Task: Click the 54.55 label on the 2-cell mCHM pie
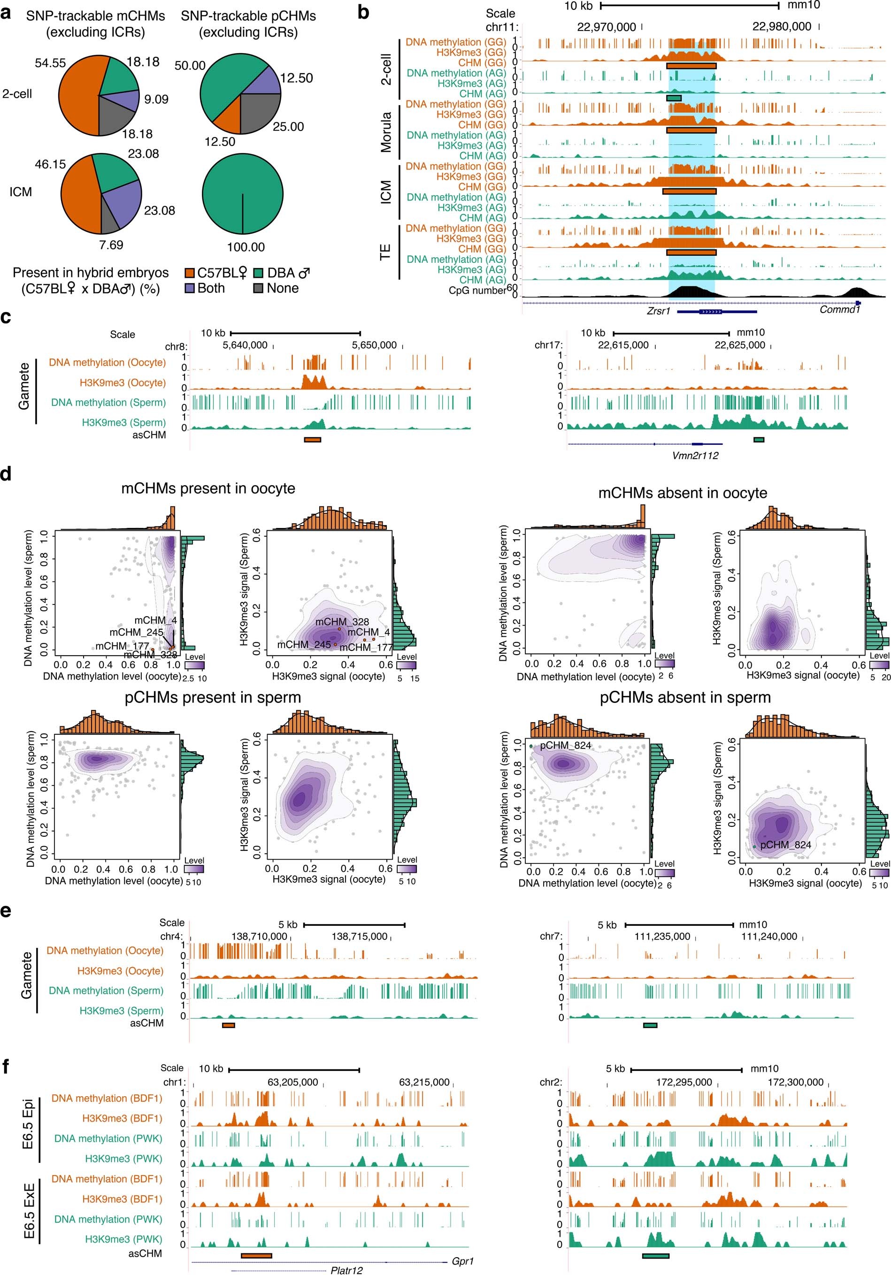click(x=50, y=63)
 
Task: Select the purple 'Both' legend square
click(x=190, y=289)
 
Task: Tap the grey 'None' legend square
click(x=258, y=289)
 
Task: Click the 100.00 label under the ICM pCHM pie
click(x=246, y=247)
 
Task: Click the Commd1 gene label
click(x=839, y=309)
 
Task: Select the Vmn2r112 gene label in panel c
click(x=695, y=455)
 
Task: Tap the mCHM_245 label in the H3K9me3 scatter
click(x=303, y=644)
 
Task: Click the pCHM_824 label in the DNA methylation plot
click(x=566, y=745)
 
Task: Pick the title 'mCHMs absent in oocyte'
click(x=682, y=493)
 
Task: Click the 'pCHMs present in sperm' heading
click(x=213, y=697)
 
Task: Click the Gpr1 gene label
click(x=462, y=1260)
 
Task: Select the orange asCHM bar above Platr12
click(x=256, y=1254)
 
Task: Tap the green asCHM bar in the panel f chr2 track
click(x=655, y=1255)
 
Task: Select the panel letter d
click(x=7, y=475)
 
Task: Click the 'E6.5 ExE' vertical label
click(x=30, y=1211)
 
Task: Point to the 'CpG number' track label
click(x=476, y=290)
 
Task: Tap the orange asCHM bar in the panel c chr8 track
click(x=312, y=439)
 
